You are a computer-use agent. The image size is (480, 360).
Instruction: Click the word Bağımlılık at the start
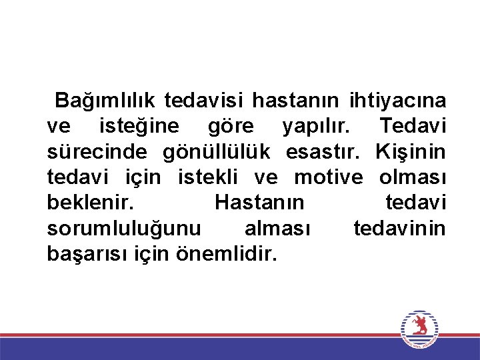pyautogui.click(x=105, y=101)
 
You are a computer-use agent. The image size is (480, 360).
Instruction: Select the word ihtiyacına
pyautogui.click(x=397, y=101)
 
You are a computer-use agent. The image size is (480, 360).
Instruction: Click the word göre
pyautogui.click(x=231, y=126)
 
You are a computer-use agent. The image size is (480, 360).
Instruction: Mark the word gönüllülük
pyautogui.click(x=217, y=152)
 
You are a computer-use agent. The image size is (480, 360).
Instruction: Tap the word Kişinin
pyautogui.click(x=411, y=152)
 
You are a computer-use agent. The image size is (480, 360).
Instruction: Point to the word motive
pyautogui.click(x=329, y=177)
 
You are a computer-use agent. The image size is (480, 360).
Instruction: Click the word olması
pyautogui.click(x=413, y=177)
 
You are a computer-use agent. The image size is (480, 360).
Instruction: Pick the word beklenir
pyautogui.click(x=89, y=203)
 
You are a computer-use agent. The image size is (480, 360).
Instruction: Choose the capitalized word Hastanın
pyautogui.click(x=259, y=203)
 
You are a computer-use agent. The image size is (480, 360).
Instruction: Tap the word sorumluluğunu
pyautogui.click(x=123, y=228)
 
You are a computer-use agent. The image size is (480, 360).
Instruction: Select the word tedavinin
pyautogui.click(x=399, y=228)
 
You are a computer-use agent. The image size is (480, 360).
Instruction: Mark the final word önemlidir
pyautogui.click(x=223, y=253)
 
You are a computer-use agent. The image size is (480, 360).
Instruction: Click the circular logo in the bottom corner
pyautogui.click(x=419, y=329)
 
